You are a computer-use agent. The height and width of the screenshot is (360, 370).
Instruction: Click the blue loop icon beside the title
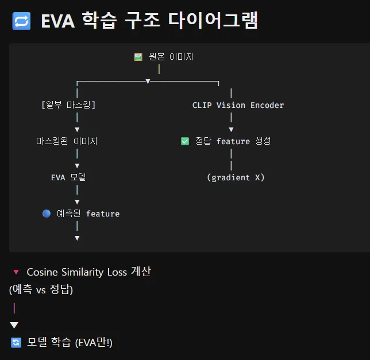point(21,21)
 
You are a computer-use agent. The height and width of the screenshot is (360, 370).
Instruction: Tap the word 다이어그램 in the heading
point(213,21)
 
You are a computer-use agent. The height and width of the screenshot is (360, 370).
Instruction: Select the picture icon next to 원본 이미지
point(138,57)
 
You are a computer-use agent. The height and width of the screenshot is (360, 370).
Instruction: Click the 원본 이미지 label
point(171,57)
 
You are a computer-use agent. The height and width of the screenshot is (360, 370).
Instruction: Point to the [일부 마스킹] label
point(68,105)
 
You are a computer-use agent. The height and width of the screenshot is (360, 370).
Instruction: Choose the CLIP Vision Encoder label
point(238,105)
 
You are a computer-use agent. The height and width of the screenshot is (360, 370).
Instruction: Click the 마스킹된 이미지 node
point(67,141)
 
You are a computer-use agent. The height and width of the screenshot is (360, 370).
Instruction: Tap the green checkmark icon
point(185,141)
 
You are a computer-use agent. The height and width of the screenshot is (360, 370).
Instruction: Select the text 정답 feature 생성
point(233,141)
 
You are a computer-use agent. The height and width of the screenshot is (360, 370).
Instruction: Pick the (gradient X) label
point(236,177)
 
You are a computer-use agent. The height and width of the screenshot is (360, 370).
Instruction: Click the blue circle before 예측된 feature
point(47,214)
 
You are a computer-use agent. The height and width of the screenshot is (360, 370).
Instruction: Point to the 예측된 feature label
point(88,214)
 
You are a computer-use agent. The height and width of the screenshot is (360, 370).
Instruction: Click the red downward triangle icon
point(16,272)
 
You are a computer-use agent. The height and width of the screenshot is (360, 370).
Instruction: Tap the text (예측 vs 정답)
point(41,290)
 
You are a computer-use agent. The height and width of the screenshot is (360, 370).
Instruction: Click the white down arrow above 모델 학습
point(14,325)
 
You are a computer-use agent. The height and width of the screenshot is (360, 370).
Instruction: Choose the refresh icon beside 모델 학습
point(16,343)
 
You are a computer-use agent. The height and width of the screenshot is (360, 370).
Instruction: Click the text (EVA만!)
point(94,343)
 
